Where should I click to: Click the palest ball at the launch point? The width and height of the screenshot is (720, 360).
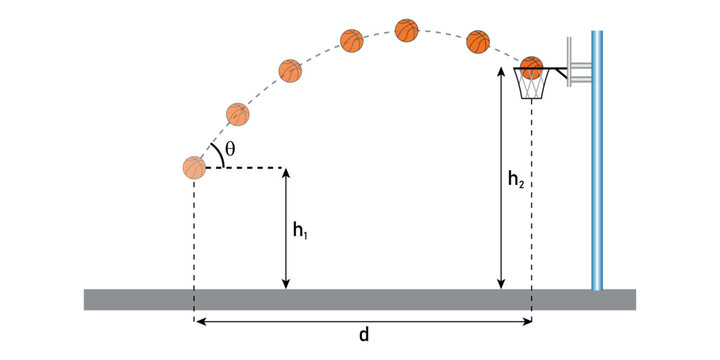click(x=194, y=168)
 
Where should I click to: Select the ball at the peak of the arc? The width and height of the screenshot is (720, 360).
click(x=406, y=30)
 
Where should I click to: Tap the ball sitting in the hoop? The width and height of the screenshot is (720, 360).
click(x=531, y=67)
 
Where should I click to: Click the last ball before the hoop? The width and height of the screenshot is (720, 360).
click(x=478, y=42)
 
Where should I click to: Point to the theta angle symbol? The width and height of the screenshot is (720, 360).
click(x=230, y=149)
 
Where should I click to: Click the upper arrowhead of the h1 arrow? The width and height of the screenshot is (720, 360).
click(x=286, y=173)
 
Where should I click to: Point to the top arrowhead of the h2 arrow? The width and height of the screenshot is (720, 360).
click(x=500, y=75)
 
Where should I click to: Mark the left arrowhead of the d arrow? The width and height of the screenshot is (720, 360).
click(x=199, y=322)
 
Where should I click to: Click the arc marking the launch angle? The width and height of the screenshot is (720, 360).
click(x=214, y=154)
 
